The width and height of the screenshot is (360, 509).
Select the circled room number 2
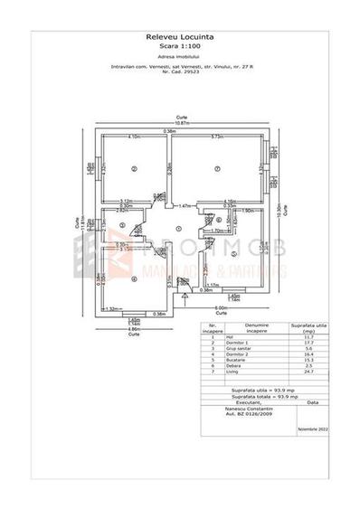pyautogui.click(x=133, y=169)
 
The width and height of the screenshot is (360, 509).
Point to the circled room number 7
pyautogui.click(x=217, y=169)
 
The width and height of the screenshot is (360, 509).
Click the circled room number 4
pyautogui.click(x=133, y=278)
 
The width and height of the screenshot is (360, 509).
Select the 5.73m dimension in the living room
pyautogui.click(x=217, y=137)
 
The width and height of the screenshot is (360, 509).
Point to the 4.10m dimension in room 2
pyautogui.click(x=133, y=137)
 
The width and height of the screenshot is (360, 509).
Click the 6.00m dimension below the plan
pyautogui.click(x=221, y=307)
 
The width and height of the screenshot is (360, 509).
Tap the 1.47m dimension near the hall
pyautogui.click(x=185, y=205)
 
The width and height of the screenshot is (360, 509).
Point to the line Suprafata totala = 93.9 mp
pyautogui.click(x=262, y=396)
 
